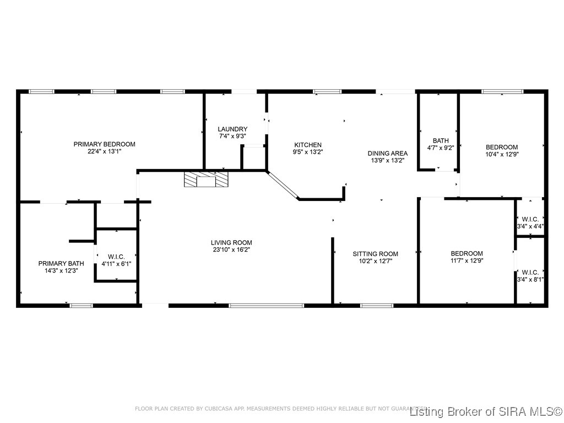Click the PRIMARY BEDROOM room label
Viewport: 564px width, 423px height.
pyautogui.click(x=105, y=144)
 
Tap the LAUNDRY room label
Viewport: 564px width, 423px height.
pyautogui.click(x=232, y=129)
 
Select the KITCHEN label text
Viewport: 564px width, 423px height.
pyautogui.click(x=307, y=144)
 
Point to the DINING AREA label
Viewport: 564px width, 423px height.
pyautogui.click(x=388, y=153)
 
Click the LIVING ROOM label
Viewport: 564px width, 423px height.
pyautogui.click(x=231, y=242)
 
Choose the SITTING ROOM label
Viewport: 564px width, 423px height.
pyautogui.click(x=375, y=254)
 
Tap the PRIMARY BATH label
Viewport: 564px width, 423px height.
pyautogui.click(x=61, y=263)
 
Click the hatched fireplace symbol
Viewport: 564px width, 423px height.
pyautogui.click(x=205, y=180)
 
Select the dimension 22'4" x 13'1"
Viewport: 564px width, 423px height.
pyautogui.click(x=105, y=151)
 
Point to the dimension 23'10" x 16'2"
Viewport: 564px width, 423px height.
pyautogui.click(x=231, y=250)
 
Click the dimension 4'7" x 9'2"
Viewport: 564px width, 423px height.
pyautogui.click(x=441, y=148)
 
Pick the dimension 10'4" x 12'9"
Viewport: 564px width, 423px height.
pyautogui.click(x=502, y=154)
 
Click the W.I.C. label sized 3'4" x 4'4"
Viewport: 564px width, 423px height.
pyautogui.click(x=530, y=219)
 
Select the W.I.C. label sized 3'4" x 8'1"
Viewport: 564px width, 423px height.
pyautogui.click(x=530, y=272)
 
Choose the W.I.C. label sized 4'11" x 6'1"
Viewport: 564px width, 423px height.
pyautogui.click(x=116, y=257)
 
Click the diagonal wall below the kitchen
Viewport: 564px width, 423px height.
pyautogui.click(x=283, y=185)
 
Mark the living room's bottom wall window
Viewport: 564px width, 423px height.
pyautogui.click(x=266, y=305)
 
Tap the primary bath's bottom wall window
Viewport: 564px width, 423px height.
pyautogui.click(x=81, y=305)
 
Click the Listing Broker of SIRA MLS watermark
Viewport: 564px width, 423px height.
pyautogui.click(x=486, y=411)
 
